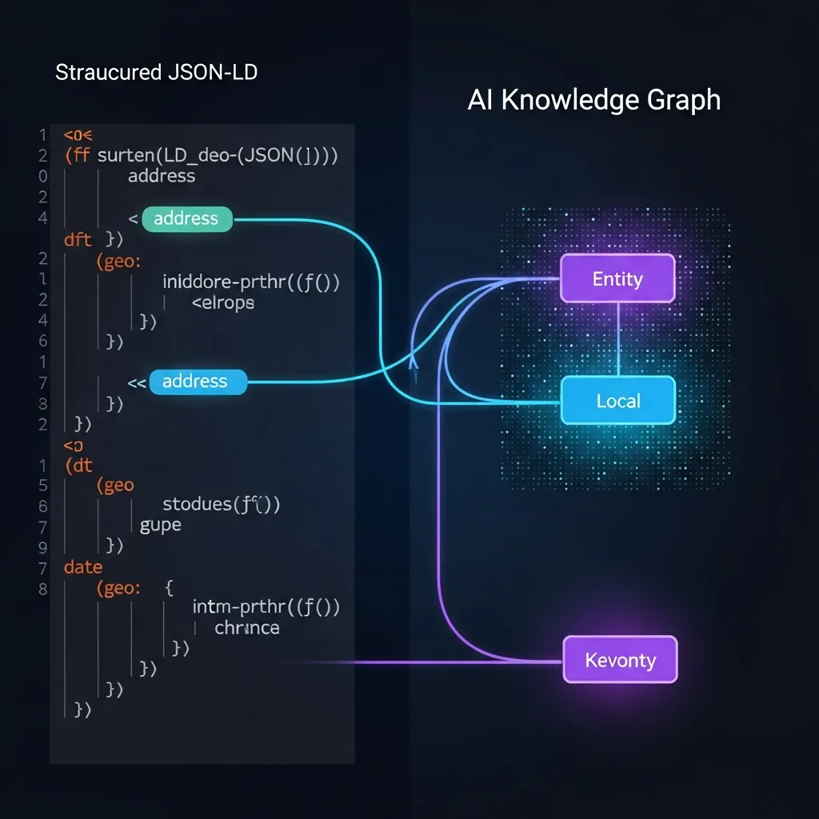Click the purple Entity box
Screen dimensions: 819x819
click(617, 278)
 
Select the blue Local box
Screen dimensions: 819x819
click(617, 400)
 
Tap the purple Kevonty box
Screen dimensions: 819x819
click(620, 660)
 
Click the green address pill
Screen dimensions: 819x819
click(186, 218)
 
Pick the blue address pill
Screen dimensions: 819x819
click(197, 382)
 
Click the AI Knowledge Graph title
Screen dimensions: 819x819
click(593, 100)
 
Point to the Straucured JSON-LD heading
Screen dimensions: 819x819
click(156, 73)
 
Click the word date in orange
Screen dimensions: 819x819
click(83, 567)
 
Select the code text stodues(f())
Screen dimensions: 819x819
click(221, 504)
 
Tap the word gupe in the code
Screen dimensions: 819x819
click(160, 525)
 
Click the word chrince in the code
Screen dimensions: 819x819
click(247, 628)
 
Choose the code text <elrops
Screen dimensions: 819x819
click(222, 302)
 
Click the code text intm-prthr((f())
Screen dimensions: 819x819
click(266, 607)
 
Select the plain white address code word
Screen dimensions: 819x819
click(162, 175)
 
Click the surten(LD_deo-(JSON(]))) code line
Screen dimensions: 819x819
click(216, 155)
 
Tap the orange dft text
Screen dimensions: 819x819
click(78, 238)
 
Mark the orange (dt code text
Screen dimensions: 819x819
click(79, 464)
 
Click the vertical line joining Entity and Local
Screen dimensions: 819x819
click(618, 339)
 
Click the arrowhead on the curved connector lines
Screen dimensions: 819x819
click(413, 362)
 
